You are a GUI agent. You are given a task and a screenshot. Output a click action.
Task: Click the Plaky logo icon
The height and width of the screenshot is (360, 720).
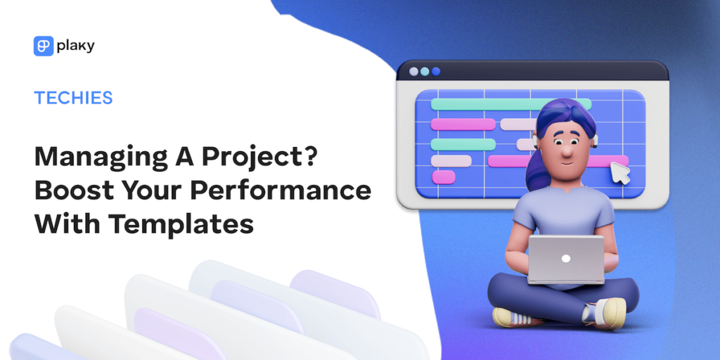click(x=43, y=46)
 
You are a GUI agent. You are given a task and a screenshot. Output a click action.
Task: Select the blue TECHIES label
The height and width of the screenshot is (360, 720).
click(x=73, y=97)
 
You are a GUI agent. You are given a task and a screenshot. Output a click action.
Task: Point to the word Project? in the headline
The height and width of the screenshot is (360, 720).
click(x=266, y=156)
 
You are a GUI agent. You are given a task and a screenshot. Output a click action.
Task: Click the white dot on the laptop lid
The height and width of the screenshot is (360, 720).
click(x=565, y=258)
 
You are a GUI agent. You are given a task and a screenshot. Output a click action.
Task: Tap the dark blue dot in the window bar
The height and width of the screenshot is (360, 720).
click(x=436, y=71)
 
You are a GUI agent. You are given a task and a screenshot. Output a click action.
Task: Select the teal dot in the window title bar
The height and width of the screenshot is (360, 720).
click(x=424, y=71)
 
